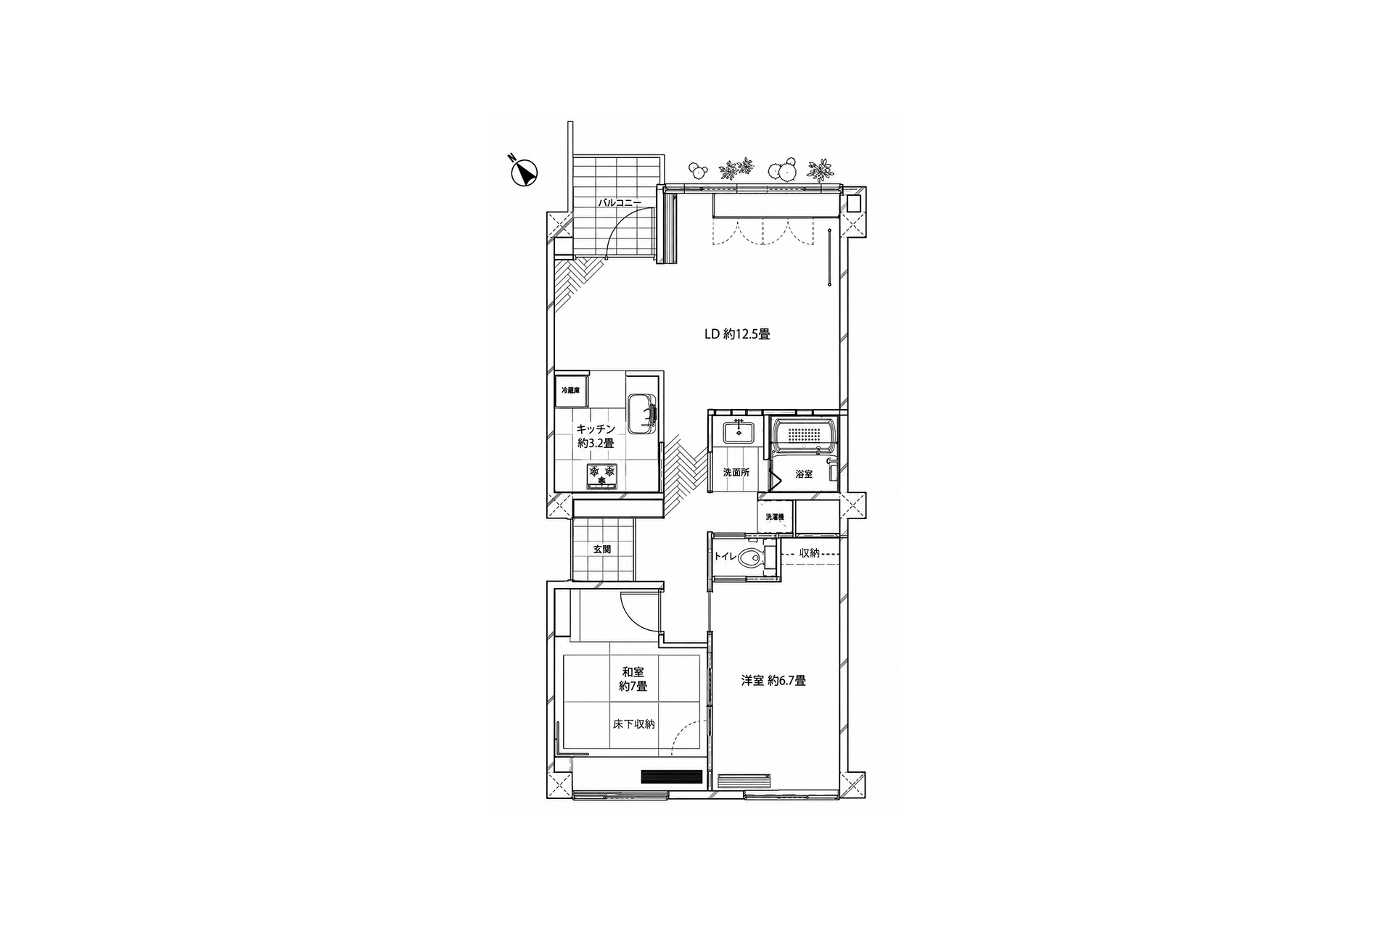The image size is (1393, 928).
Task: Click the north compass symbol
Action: pos(525,173)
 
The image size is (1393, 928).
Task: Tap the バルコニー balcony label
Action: pos(619,203)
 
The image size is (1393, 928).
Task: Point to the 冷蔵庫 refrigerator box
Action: pos(571,390)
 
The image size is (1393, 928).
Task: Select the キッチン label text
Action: pos(596,429)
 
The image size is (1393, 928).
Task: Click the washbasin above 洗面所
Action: pos(739,434)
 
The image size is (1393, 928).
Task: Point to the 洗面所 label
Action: pos(736,473)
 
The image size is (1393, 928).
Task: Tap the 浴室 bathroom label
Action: pos(804,473)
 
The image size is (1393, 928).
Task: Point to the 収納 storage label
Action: pos(809,553)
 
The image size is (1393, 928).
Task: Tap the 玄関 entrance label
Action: pos(602,550)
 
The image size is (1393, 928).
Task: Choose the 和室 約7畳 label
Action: pos(633,679)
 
